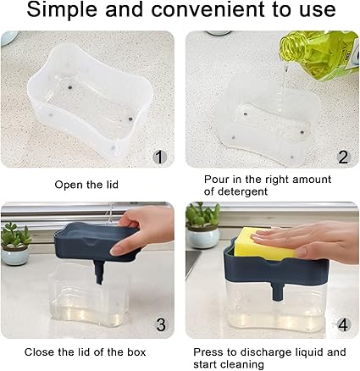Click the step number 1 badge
pos(159,157)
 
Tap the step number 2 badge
pos(343,157)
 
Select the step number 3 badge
pos(161,324)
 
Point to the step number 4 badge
pos(343,324)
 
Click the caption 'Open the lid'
pos(86,185)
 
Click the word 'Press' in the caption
pos(208,352)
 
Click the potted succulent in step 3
pos(15,243)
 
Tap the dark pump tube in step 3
pos(99,272)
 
